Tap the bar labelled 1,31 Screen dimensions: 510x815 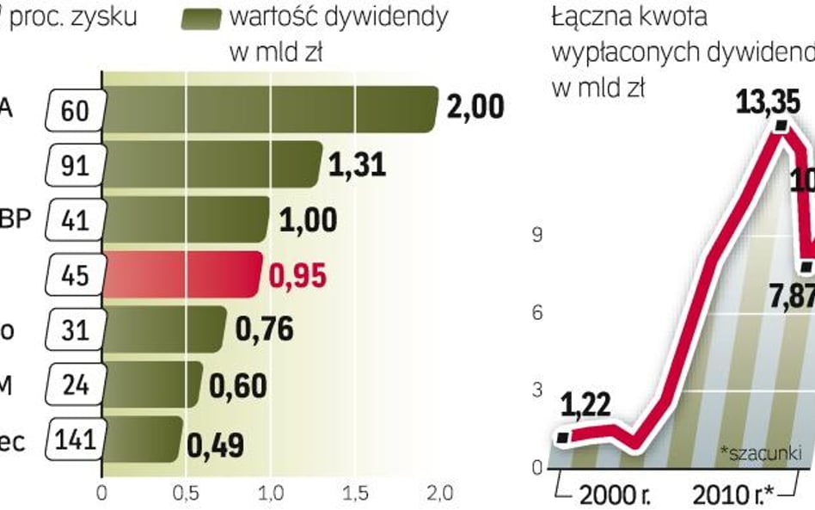[211, 163]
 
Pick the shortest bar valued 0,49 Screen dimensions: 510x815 [142, 439]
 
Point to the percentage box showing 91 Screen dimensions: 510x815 [77, 163]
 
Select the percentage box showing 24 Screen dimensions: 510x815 [77, 384]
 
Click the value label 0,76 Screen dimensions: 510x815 [265, 329]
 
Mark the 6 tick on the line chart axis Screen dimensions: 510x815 [536, 312]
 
